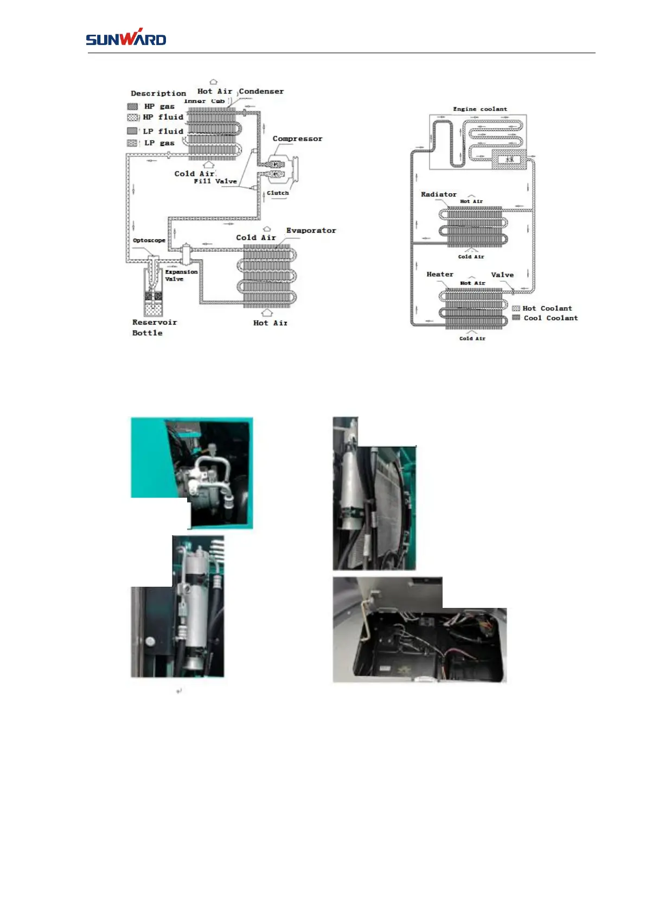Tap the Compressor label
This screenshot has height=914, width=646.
(x=297, y=139)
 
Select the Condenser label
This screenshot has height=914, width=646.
(x=261, y=92)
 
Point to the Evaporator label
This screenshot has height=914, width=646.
(x=311, y=231)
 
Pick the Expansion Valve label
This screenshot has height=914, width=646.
(x=181, y=275)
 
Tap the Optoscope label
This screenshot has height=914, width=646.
(x=149, y=240)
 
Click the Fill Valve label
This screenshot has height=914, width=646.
(x=215, y=181)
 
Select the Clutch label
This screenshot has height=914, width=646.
(x=278, y=193)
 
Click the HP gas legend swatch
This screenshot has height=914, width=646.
(x=132, y=106)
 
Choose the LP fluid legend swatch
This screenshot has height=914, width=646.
(x=132, y=131)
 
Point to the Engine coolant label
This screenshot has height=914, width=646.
(x=480, y=109)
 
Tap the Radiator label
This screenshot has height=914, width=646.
(x=438, y=194)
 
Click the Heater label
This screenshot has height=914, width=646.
(x=440, y=275)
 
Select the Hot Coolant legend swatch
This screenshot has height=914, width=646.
(x=516, y=308)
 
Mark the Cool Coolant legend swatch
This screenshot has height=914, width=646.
(x=516, y=318)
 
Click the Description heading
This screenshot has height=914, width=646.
(x=158, y=93)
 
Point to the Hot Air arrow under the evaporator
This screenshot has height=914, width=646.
(x=266, y=313)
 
